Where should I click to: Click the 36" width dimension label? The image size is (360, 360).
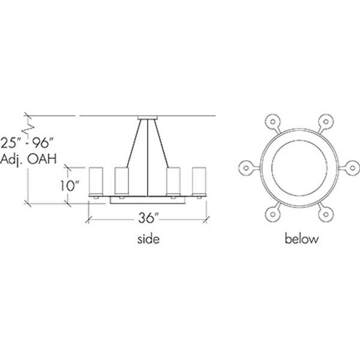148,217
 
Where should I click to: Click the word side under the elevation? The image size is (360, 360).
148,239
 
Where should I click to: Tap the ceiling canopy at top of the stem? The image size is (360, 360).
148,117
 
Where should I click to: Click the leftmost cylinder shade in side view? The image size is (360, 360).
97,181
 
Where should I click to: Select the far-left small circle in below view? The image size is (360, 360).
245,167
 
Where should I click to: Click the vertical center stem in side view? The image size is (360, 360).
148,159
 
